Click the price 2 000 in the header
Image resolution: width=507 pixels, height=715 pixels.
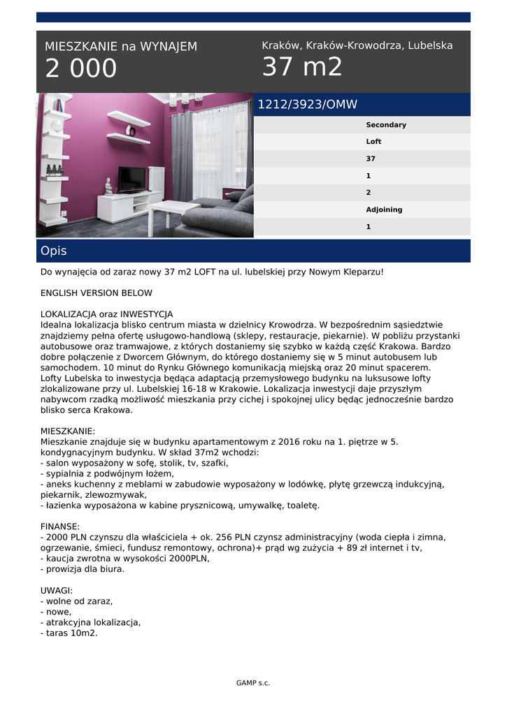click(x=81, y=69)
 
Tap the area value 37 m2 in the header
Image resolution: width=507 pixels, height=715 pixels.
click(x=302, y=68)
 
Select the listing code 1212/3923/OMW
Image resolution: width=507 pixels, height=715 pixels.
click(x=308, y=105)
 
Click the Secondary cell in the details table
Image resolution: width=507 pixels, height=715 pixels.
click(x=386, y=125)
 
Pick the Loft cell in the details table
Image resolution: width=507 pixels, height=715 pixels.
click(x=373, y=142)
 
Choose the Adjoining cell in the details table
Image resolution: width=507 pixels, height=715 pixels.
click(x=384, y=209)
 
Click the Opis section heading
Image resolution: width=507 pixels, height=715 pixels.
click(x=54, y=251)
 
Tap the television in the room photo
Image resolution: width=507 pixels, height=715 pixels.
click(x=131, y=179)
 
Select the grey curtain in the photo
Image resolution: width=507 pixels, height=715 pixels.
click(x=182, y=154)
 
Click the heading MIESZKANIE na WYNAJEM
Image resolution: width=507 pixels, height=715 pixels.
click(x=121, y=47)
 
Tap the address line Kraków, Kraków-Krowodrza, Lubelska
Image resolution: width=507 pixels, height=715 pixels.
click(x=357, y=45)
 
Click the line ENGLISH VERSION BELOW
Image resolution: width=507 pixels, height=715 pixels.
click(x=97, y=293)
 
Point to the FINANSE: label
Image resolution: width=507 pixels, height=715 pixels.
click(x=60, y=526)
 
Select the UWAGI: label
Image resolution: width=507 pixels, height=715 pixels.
click(x=57, y=591)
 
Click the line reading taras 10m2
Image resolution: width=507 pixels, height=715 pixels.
click(x=69, y=633)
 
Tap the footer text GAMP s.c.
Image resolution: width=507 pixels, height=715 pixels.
click(x=253, y=683)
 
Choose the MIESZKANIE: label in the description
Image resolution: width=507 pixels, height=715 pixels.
click(x=68, y=432)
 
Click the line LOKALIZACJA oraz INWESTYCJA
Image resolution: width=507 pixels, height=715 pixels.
click(x=106, y=314)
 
